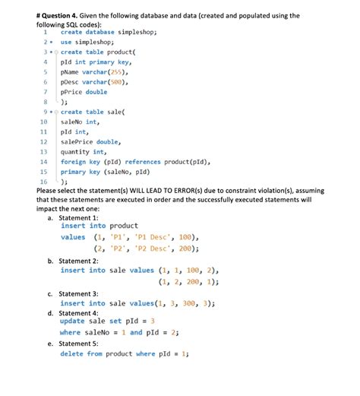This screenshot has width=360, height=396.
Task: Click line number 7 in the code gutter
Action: point(46,91)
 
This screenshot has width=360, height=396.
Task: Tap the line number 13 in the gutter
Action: point(43,151)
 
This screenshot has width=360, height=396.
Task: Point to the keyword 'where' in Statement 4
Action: point(70,332)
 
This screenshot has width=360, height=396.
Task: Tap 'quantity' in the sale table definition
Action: point(77,151)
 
